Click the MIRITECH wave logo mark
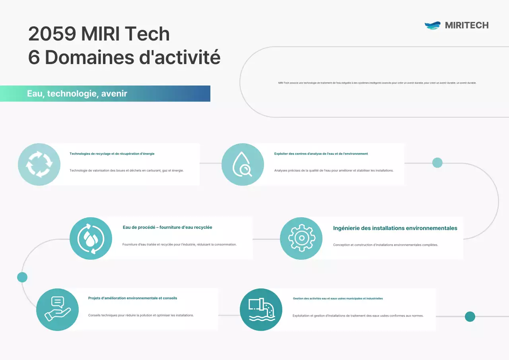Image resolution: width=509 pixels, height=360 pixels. (433, 25)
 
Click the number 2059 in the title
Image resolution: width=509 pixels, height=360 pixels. (52, 34)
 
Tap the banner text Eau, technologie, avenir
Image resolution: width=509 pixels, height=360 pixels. (77, 93)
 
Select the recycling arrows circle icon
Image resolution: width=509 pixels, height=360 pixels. (39, 164)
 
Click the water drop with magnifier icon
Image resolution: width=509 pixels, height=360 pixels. (243, 164)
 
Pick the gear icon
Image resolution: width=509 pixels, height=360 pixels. (301, 238)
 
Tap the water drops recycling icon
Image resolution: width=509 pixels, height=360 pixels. (91, 238)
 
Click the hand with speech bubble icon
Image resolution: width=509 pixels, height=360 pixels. (57, 309)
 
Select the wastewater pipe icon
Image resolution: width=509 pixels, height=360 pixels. (261, 309)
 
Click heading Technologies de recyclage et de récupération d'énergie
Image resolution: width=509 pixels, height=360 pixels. (112, 154)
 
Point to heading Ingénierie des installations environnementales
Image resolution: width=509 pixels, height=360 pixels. (395, 228)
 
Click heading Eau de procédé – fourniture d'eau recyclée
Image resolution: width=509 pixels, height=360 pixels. (167, 228)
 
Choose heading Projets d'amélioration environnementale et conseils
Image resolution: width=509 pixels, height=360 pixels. (132, 298)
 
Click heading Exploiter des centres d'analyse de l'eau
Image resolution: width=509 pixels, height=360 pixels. (321, 154)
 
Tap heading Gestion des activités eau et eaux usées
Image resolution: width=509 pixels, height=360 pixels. (338, 298)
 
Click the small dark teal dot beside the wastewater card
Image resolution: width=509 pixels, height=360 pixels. (470, 316)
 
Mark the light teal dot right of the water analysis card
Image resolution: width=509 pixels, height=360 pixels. (437, 163)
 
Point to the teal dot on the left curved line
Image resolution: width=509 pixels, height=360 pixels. (22, 277)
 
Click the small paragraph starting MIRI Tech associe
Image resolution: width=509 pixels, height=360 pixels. (377, 83)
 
